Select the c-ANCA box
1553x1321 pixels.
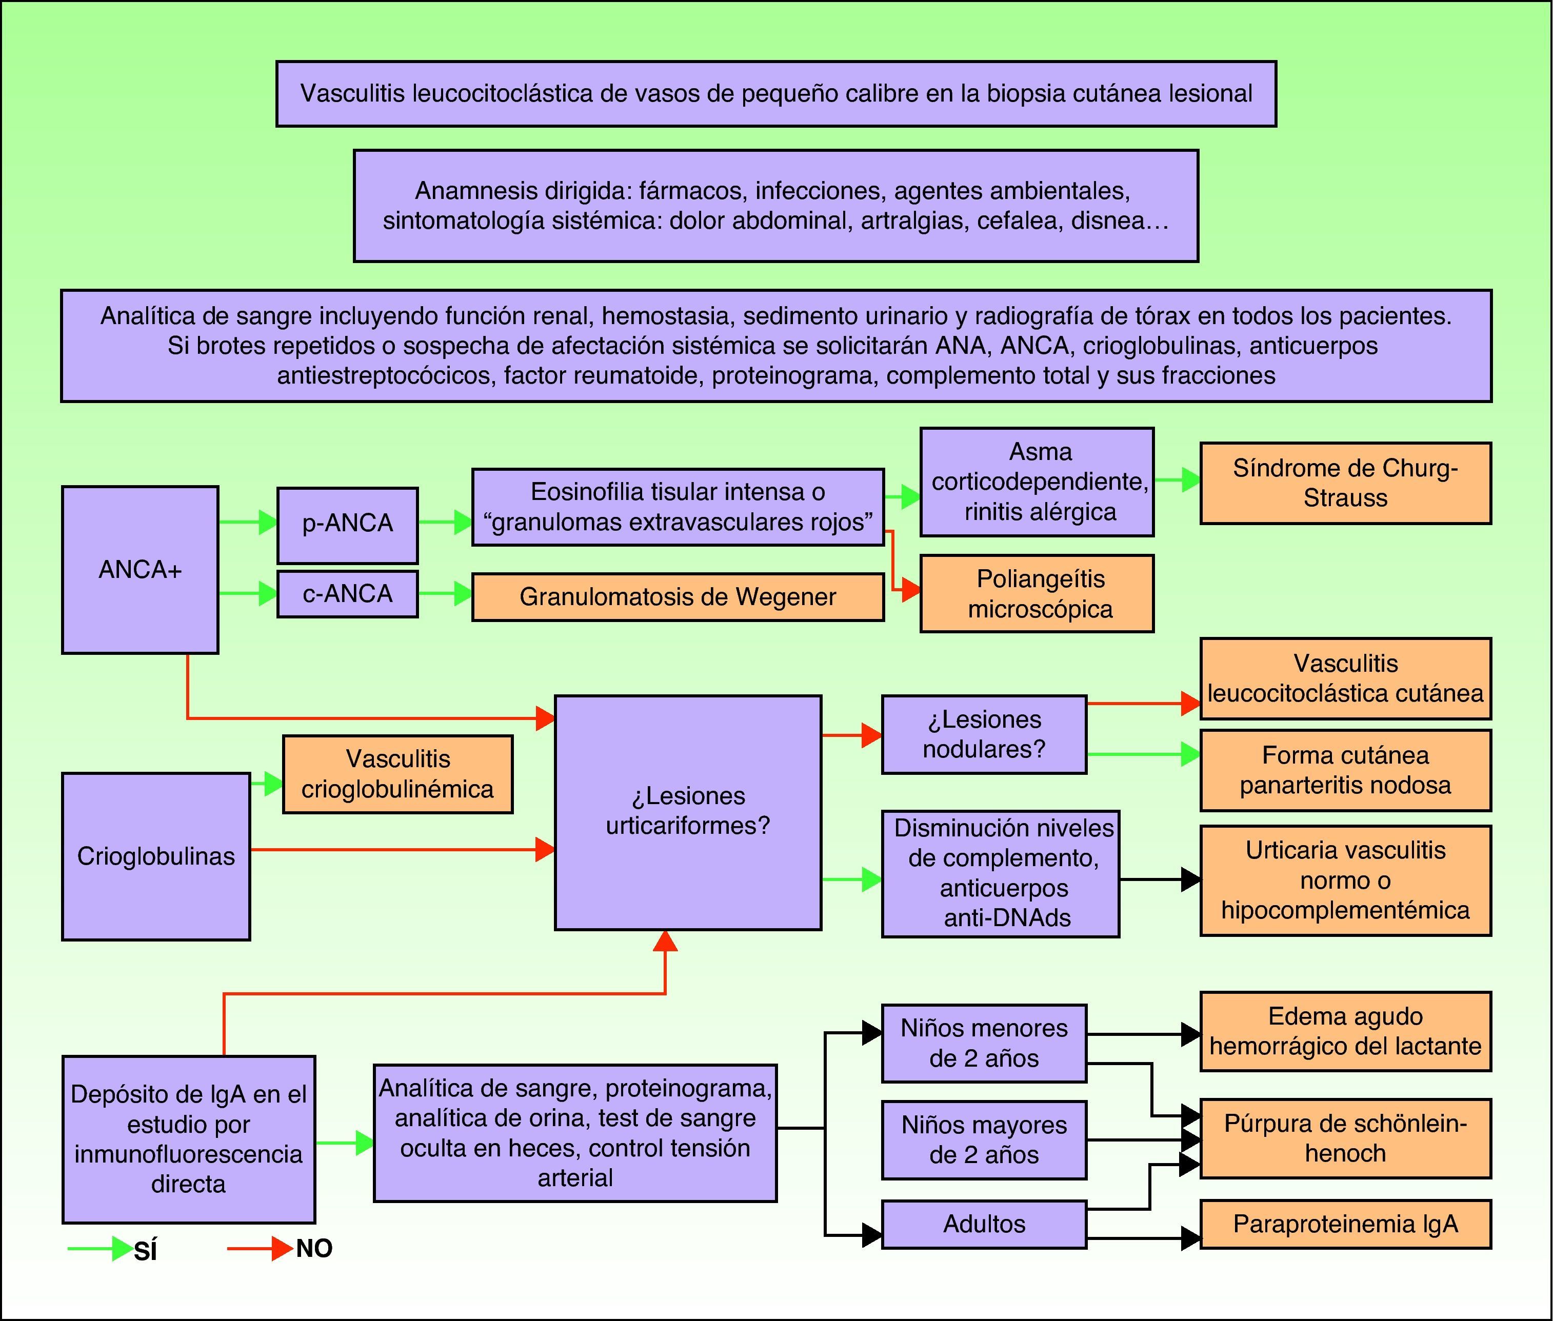347,594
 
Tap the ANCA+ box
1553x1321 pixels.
140,570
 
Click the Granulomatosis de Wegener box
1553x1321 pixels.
678,597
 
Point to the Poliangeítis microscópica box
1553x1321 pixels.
1037,593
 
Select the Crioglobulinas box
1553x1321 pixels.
156,856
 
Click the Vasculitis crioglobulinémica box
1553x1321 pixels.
397,774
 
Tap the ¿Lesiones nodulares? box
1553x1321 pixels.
984,734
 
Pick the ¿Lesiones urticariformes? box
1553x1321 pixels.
687,812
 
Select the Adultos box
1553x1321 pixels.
984,1224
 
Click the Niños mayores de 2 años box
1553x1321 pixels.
984,1140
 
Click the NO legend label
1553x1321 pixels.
314,1248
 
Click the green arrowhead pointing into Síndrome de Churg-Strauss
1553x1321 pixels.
1190,480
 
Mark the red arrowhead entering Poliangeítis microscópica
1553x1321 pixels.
910,589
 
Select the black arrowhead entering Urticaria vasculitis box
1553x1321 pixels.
1190,879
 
